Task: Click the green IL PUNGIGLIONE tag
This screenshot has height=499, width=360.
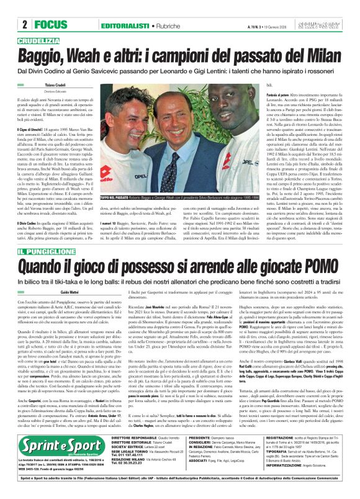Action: click(x=43, y=251)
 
